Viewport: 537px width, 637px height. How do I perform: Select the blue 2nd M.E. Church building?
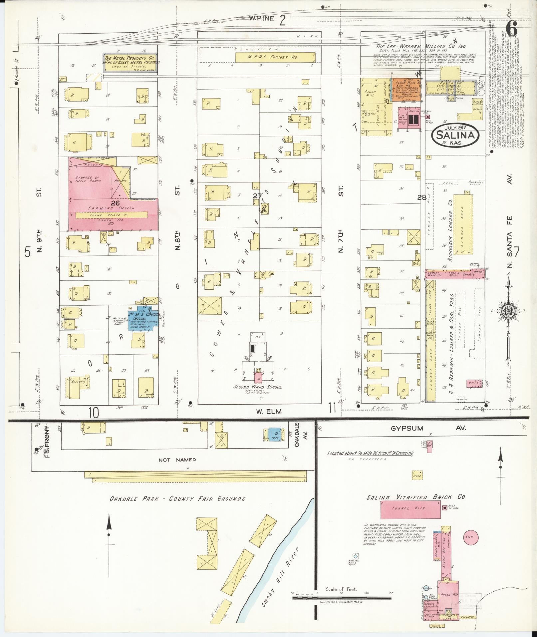[x=142, y=318]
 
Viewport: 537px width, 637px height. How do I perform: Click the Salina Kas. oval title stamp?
[x=455, y=136]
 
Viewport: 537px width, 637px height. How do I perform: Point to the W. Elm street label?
[x=269, y=412]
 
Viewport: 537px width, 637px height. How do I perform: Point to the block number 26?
[x=115, y=202]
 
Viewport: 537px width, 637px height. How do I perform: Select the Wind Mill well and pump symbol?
[x=356, y=556]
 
